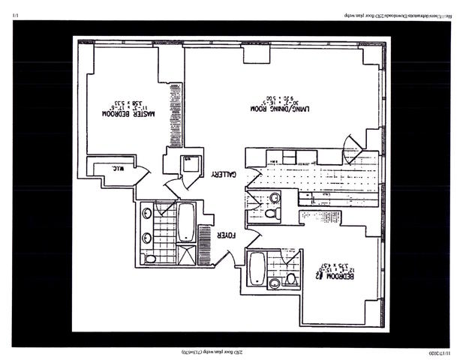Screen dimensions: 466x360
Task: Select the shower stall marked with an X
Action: point(185,253)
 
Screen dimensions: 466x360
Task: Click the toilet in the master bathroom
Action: point(151,259)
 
